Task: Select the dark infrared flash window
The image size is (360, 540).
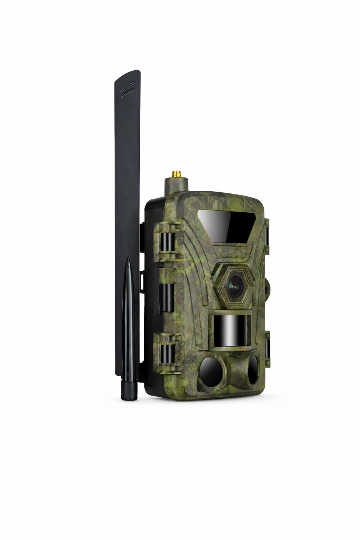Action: [228, 225]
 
